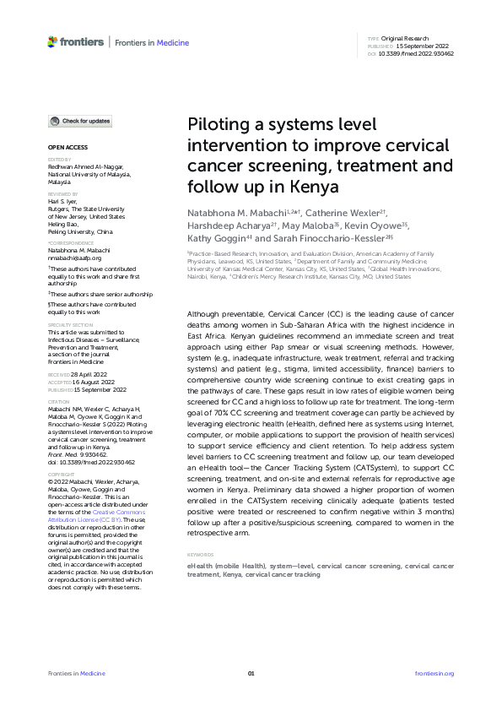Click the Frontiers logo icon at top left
pyautogui.click(x=53, y=41)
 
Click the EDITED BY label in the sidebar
pyautogui.click(x=59, y=159)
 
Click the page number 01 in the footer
pyautogui.click(x=251, y=673)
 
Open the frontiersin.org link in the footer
pyautogui.click(x=435, y=673)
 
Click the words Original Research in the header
pyautogui.click(x=405, y=39)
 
